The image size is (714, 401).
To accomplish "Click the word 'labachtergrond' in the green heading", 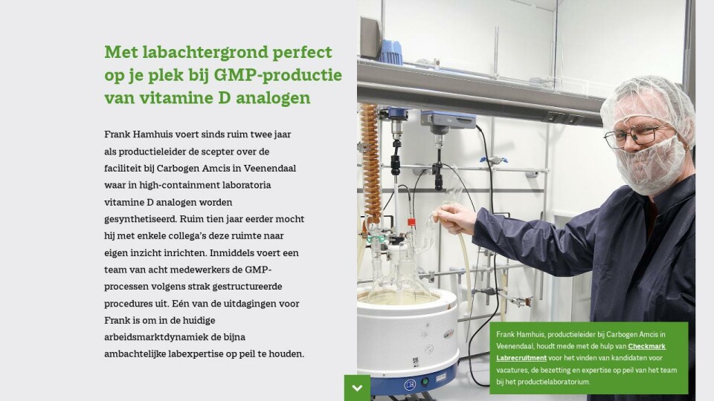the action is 205,52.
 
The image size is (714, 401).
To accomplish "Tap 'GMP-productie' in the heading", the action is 277,76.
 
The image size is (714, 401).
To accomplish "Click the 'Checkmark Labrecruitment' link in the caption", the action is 581,352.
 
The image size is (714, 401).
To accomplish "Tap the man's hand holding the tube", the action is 454,218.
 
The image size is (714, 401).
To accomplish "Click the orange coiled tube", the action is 371,163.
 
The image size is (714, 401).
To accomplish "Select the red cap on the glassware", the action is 411,222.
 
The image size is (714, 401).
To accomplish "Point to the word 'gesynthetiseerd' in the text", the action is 141,220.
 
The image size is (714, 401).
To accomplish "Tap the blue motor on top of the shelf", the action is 391,51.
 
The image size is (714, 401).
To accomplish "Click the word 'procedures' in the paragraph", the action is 128,304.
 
